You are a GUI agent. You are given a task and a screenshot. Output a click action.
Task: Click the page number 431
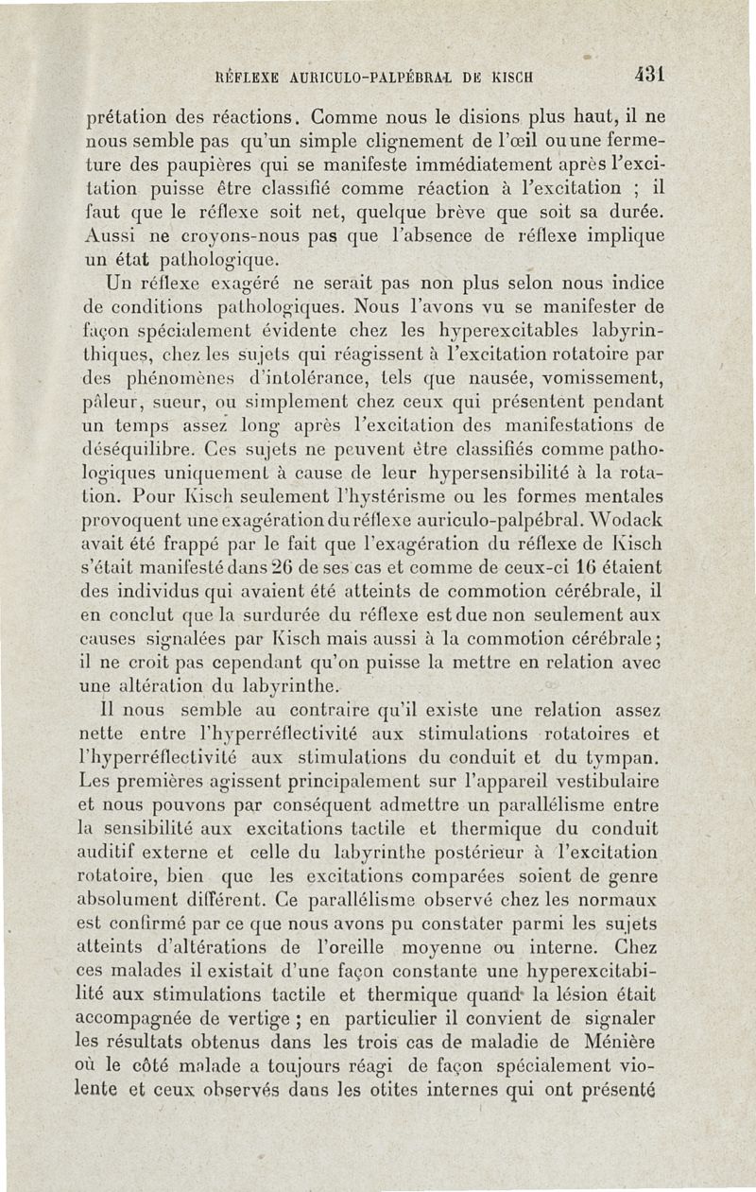coord(651,73)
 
